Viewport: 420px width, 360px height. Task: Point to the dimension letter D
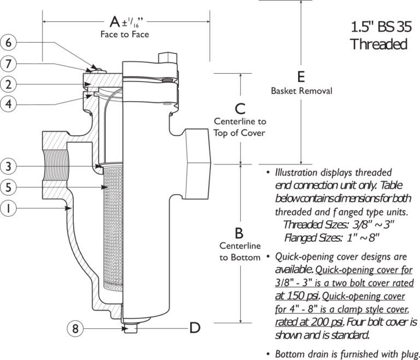(194, 328)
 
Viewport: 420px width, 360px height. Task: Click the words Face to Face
(125, 35)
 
